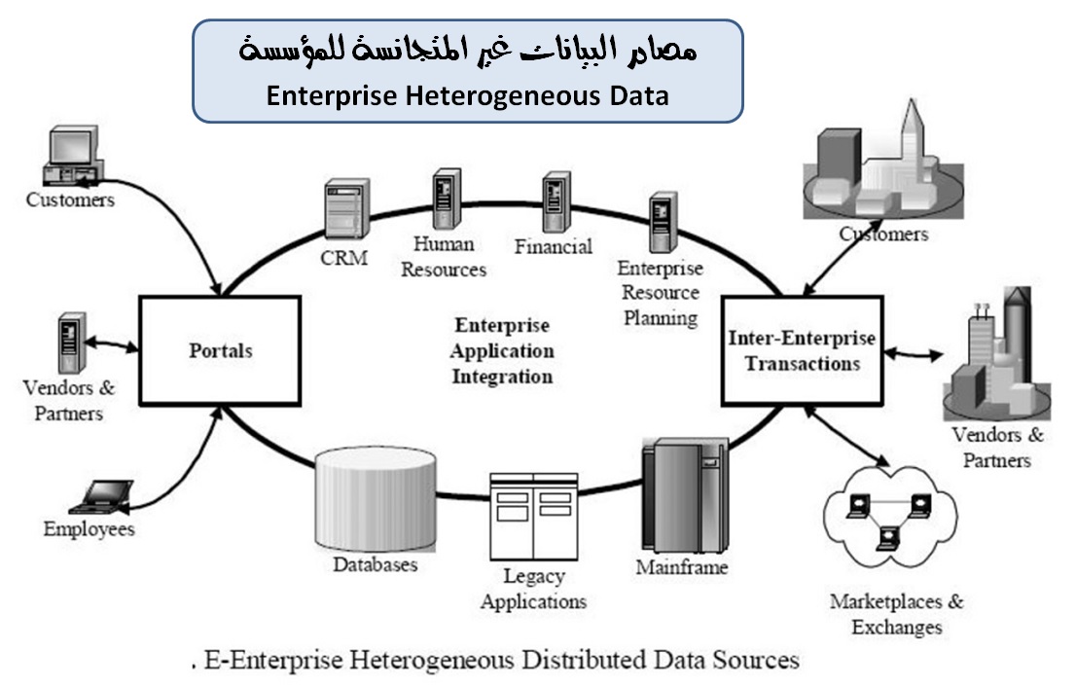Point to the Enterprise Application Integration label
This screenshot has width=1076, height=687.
[x=502, y=350]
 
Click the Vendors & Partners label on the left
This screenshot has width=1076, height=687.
[x=68, y=400]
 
